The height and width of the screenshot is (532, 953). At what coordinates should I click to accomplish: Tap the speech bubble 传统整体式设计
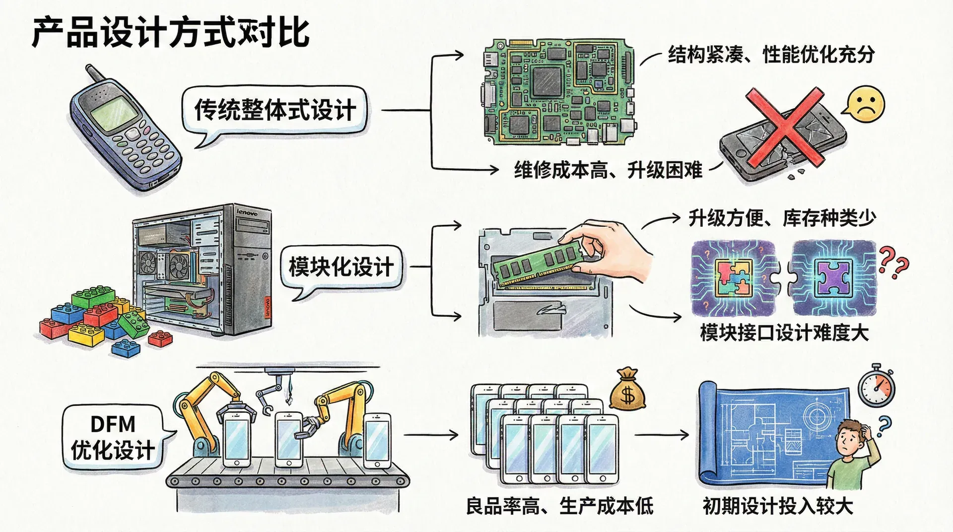(x=274, y=110)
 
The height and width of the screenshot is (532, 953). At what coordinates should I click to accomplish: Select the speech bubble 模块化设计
(x=341, y=267)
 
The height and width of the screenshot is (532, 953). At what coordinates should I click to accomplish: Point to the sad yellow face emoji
(x=866, y=105)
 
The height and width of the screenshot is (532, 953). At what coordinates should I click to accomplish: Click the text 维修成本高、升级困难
(x=608, y=170)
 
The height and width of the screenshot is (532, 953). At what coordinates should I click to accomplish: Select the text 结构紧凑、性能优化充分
(x=771, y=55)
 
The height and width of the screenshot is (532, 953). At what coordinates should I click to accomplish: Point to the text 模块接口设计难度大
(x=784, y=332)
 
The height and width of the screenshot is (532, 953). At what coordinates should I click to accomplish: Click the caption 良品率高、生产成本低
(x=559, y=506)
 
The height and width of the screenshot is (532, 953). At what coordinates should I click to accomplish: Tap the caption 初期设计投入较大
(x=778, y=506)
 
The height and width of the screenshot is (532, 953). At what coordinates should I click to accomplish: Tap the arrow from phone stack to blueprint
(x=662, y=435)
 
